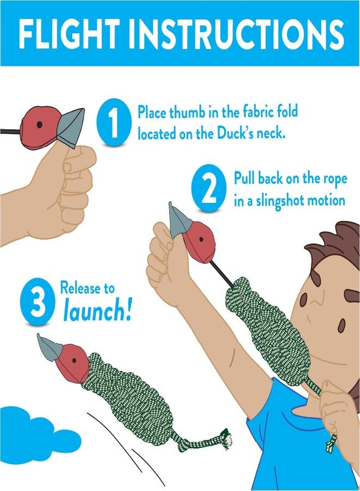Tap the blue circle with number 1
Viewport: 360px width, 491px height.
point(113,123)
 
